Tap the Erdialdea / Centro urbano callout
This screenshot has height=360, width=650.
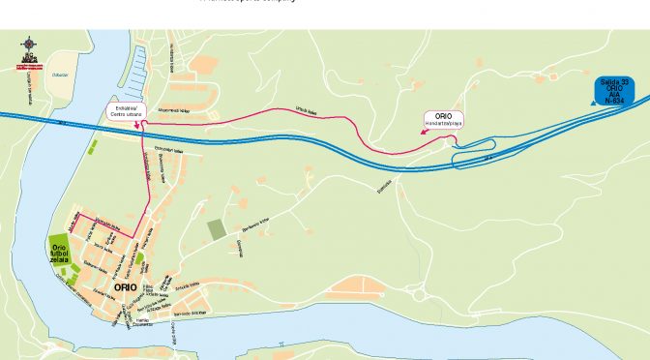[x=128, y=112]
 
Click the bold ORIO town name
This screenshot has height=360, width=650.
[x=125, y=287]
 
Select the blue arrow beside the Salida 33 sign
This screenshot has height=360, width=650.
[x=590, y=96]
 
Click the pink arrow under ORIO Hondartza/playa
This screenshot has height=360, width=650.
[x=450, y=137]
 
